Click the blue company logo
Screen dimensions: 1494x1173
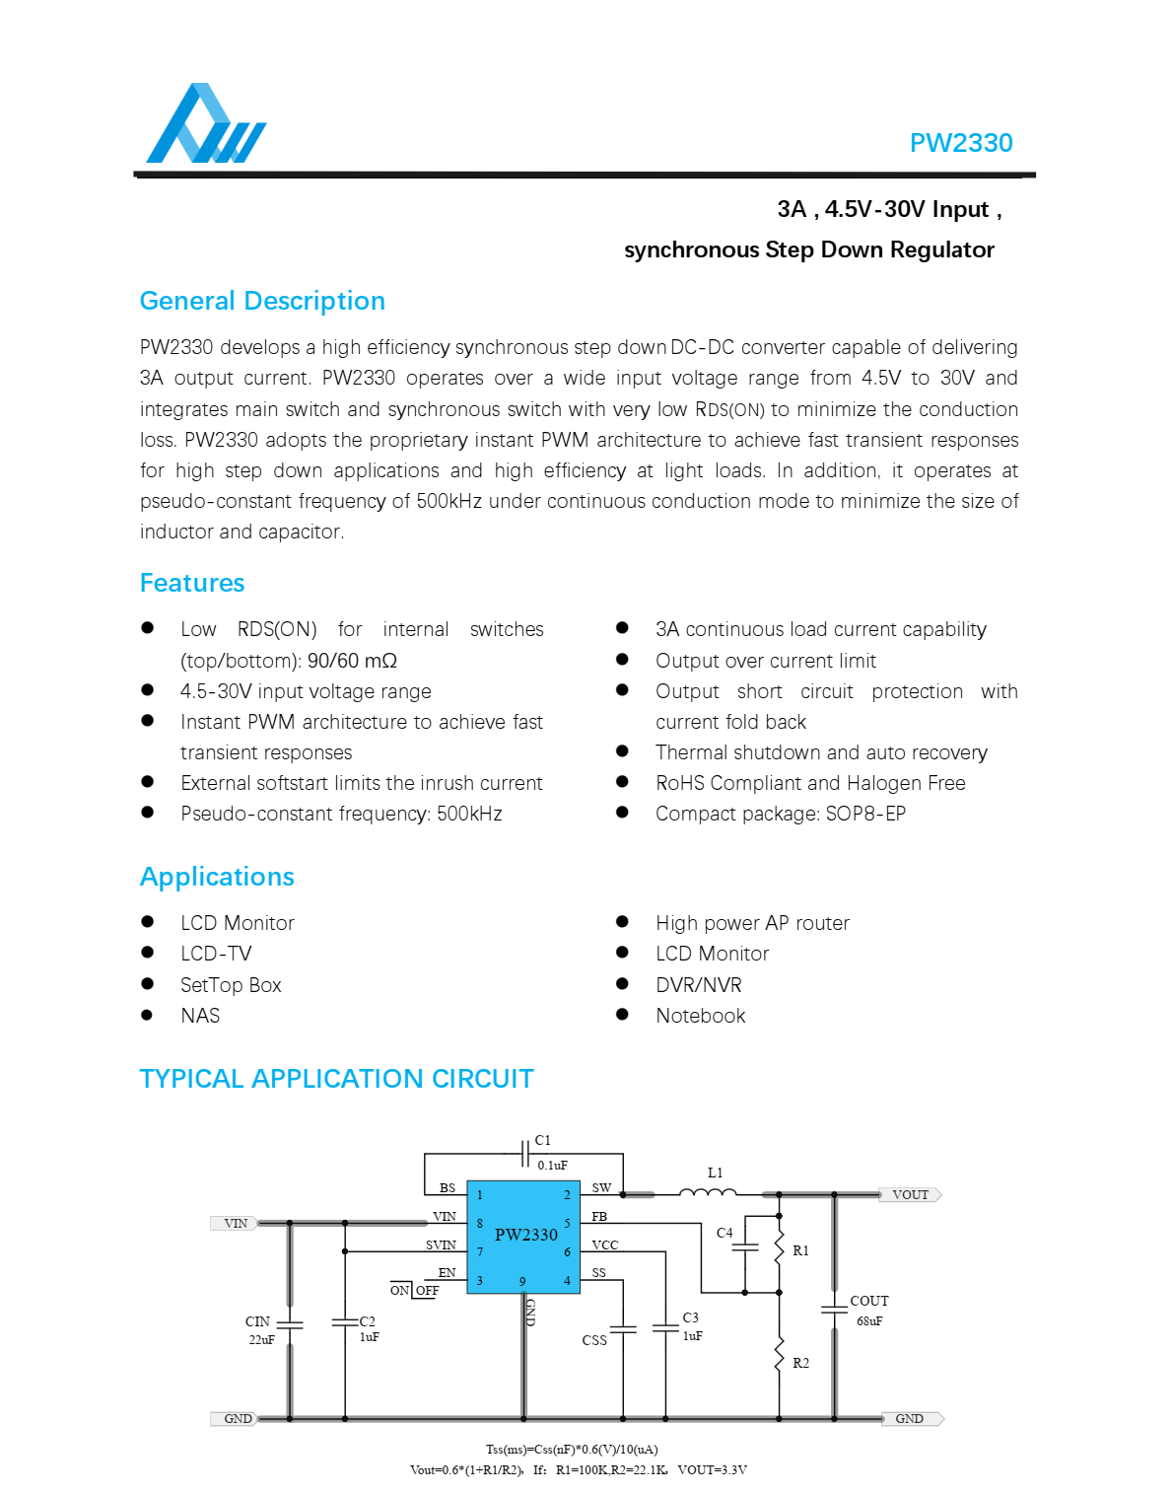206,124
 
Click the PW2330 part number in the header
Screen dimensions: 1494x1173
960,143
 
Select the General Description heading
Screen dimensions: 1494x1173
262,301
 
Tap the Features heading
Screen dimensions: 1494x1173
192,583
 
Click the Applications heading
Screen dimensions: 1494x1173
217,877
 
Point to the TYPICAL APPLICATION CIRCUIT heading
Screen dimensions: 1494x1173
336,1079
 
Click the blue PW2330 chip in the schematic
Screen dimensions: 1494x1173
523,1237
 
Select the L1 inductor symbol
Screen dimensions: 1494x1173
708,1192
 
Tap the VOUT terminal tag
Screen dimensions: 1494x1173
911,1195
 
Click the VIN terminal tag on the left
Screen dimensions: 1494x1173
236,1224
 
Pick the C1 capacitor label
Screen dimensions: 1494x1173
543,1141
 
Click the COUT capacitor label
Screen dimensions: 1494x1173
868,1302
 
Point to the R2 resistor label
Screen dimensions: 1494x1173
800,1364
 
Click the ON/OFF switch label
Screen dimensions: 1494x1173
414,1291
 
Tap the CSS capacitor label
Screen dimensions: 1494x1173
594,1341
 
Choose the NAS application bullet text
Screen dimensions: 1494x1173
200,1016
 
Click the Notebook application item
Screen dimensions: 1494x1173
700,1016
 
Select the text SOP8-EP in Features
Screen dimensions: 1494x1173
864,814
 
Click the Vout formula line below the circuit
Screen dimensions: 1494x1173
578,1470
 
